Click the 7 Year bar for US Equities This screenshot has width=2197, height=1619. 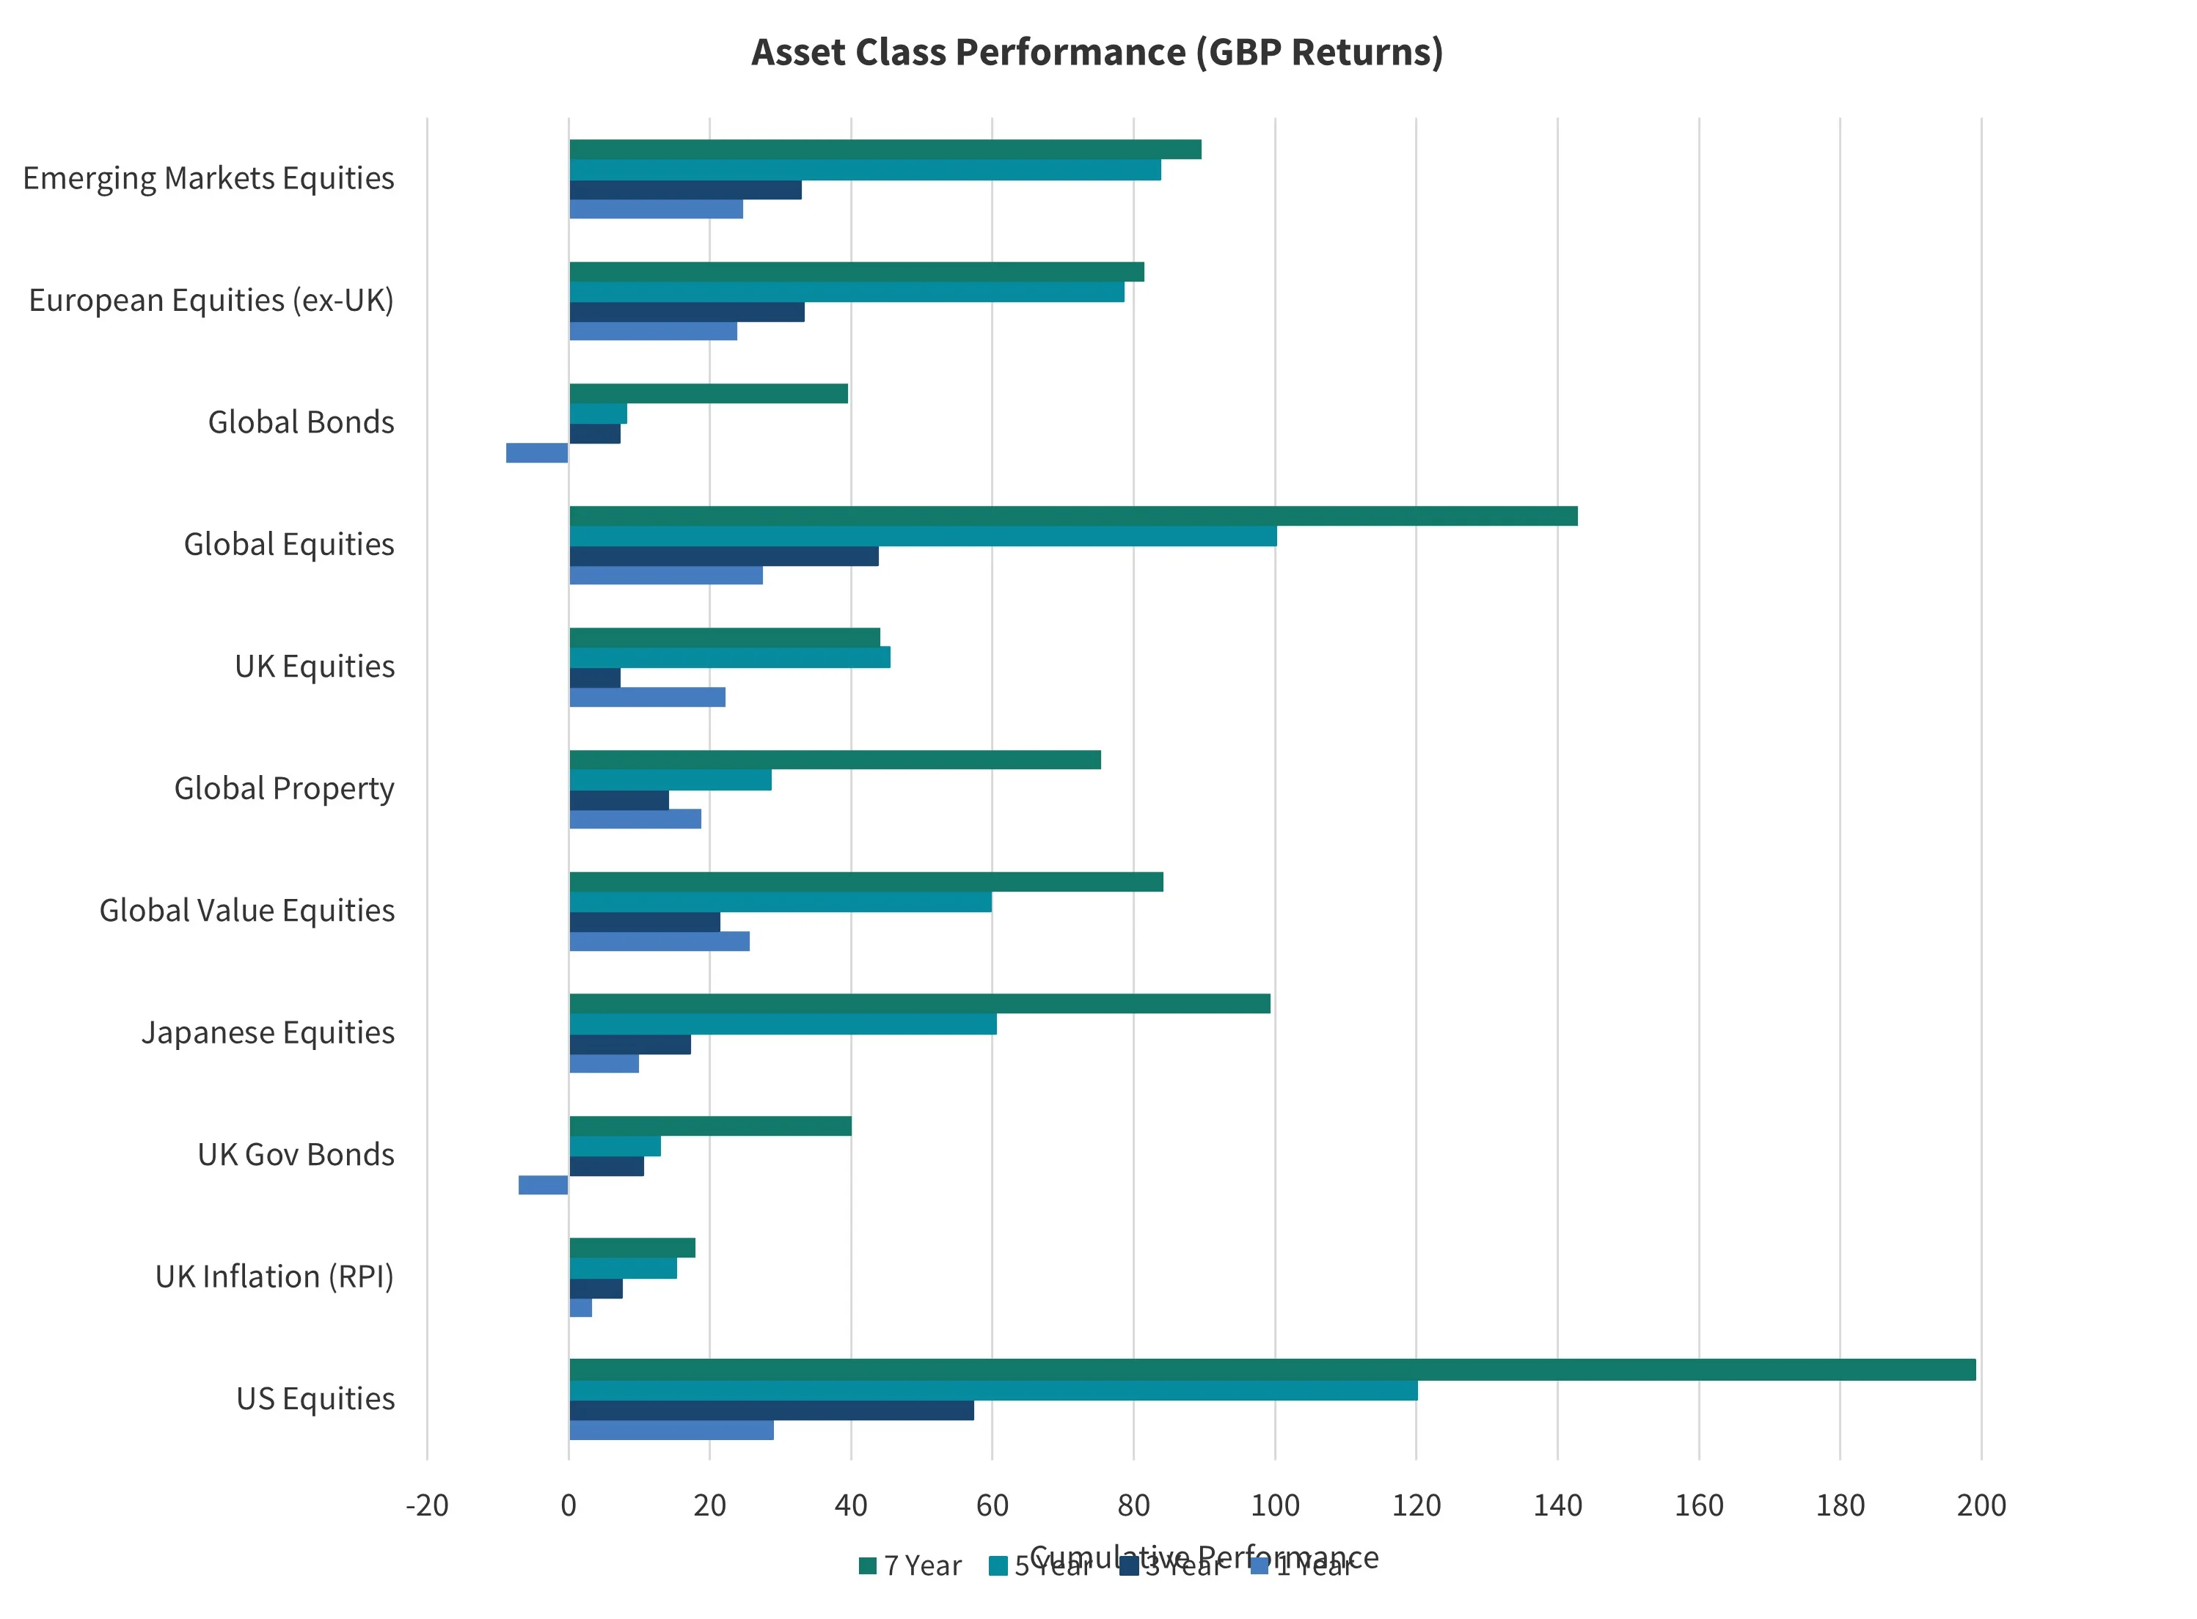tap(1271, 1369)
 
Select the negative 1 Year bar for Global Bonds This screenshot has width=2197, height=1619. tap(536, 452)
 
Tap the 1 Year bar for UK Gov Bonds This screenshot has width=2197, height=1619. tap(542, 1185)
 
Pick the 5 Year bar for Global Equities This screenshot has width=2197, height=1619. tap(923, 536)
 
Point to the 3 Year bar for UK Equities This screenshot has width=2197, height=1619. tap(594, 678)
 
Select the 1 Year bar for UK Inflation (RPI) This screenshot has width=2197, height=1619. tap(580, 1307)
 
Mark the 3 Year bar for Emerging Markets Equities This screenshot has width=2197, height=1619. tap(685, 190)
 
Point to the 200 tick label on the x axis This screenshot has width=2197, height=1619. tap(1981, 1505)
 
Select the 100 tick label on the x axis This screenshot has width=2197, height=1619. tap(1274, 1505)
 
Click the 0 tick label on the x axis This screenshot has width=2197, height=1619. tap(569, 1505)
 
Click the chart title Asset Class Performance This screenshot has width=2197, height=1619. tap(1096, 53)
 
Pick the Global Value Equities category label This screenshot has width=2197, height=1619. tap(247, 911)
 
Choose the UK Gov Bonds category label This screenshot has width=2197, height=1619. tap(296, 1154)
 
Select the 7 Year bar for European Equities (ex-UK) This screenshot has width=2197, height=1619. tap(856, 271)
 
